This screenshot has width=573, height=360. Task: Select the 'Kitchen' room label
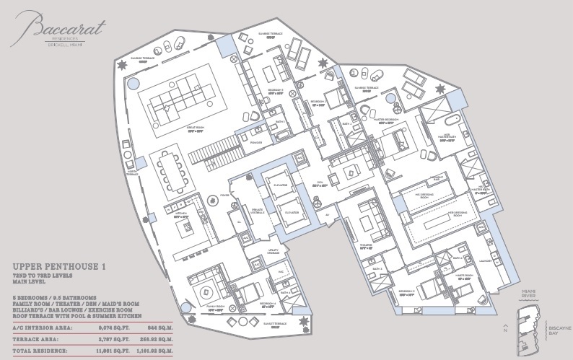(182, 214)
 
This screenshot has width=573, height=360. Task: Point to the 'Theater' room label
(365, 246)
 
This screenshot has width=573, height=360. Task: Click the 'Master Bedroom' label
(386, 119)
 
